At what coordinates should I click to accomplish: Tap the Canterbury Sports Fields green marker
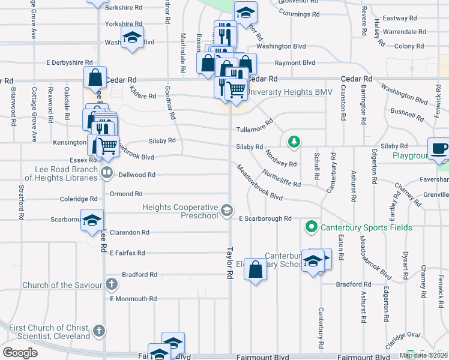[311, 227]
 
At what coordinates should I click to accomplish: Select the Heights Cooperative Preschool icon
[227, 209]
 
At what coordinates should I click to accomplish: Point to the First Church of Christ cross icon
[100, 330]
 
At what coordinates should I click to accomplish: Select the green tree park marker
[294, 142]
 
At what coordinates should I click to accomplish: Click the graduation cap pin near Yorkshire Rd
[131, 37]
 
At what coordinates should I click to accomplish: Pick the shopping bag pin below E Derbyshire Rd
[95, 76]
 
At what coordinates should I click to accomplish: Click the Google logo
[20, 353]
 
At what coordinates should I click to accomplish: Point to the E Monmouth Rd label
[133, 298]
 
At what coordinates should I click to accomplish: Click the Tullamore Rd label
[255, 128]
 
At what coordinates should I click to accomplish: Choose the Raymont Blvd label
[295, 62]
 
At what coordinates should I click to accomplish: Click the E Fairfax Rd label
[127, 253]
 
